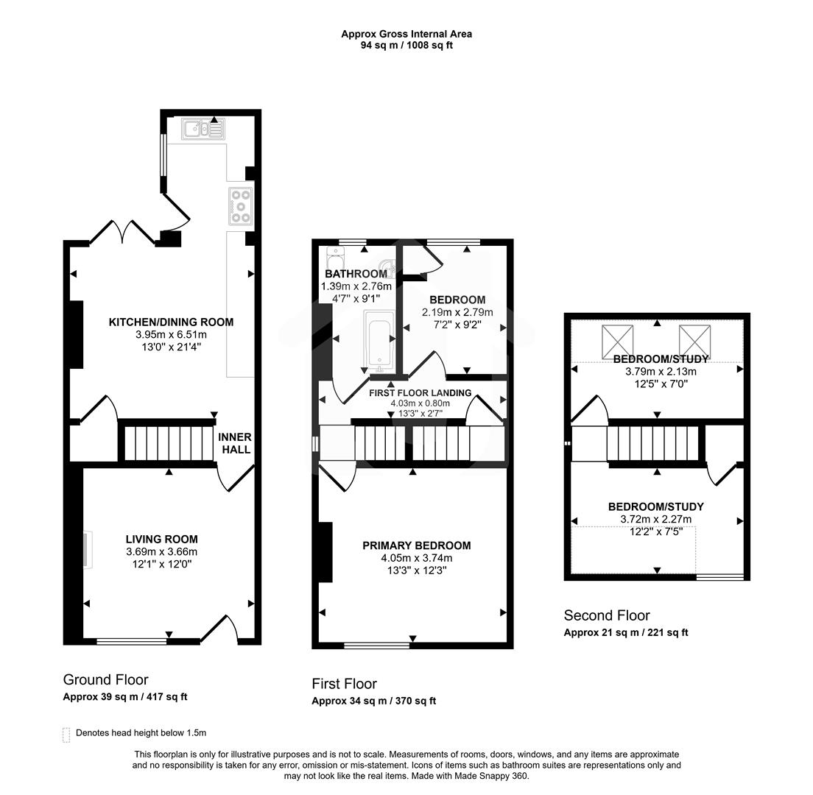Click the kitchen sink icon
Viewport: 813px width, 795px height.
coord(205,130)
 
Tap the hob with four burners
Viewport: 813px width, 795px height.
coord(241,205)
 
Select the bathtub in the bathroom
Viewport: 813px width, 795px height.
coord(378,341)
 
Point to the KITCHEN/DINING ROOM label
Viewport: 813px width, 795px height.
coord(171,322)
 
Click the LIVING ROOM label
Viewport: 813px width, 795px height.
coord(161,539)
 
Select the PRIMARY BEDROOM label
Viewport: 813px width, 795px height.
coord(416,545)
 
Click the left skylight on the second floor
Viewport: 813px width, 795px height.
coord(618,340)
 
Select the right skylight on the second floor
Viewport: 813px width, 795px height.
coord(694,340)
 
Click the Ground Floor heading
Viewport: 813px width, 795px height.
coord(105,679)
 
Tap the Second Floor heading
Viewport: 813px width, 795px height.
coord(607,615)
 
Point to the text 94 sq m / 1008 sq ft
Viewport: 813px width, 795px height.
coord(406,45)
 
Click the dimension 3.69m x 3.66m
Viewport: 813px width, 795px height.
coord(161,551)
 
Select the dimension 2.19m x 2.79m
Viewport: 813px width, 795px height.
coord(457,312)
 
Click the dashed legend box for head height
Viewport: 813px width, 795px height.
coord(67,734)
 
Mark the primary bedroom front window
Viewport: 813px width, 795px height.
coord(376,646)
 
